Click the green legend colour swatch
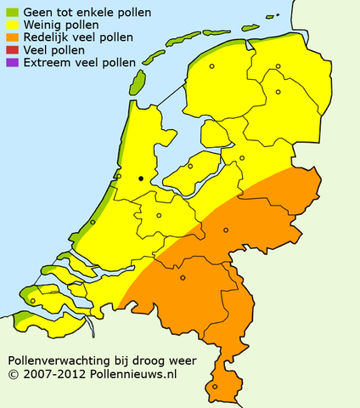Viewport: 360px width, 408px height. (10, 13)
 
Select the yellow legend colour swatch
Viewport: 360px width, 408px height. (10, 25)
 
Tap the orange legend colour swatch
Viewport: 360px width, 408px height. (10, 38)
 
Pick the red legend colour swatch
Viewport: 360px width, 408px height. (10, 51)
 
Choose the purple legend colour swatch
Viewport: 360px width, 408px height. (10, 64)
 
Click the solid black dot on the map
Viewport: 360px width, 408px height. (141, 178)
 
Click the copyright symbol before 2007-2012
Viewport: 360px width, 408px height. (14, 373)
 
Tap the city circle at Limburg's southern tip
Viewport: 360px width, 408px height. (214, 387)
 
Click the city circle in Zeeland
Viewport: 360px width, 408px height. (33, 300)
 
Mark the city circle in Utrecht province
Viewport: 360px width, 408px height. (159, 215)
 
